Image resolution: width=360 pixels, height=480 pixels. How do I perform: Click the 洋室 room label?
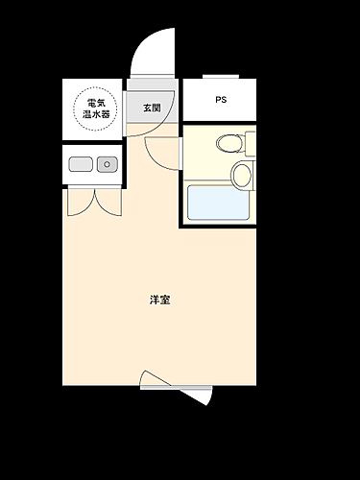160,300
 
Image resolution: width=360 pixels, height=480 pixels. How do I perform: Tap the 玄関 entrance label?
153,108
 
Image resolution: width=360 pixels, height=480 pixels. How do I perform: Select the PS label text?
221,100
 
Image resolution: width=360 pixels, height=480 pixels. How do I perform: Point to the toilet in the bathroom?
230,144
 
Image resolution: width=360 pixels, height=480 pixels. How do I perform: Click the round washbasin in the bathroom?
241,175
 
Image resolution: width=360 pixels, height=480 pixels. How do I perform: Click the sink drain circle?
108,165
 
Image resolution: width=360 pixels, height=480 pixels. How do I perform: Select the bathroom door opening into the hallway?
160,152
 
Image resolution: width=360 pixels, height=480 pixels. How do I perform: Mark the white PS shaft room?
220,100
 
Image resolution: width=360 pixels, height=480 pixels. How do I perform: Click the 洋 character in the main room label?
155,300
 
